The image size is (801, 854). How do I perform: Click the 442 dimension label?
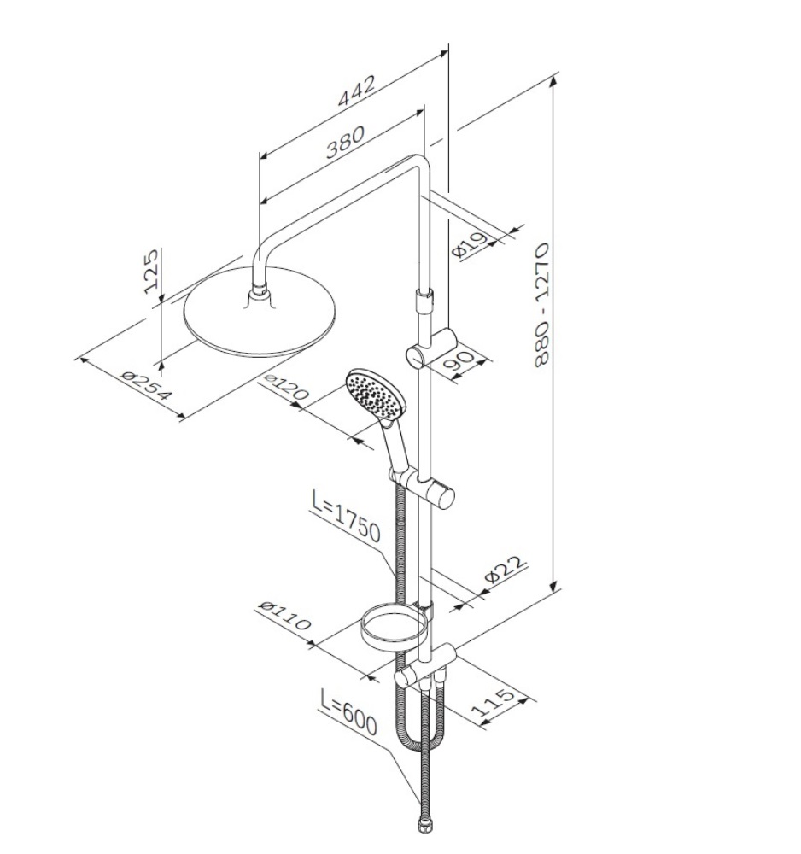(357, 91)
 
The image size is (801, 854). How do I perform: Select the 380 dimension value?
(345, 142)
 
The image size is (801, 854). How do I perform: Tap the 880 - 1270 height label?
(542, 305)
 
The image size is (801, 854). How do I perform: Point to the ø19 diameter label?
(469, 244)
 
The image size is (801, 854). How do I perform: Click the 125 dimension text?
(151, 271)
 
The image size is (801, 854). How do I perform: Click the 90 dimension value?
(459, 362)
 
